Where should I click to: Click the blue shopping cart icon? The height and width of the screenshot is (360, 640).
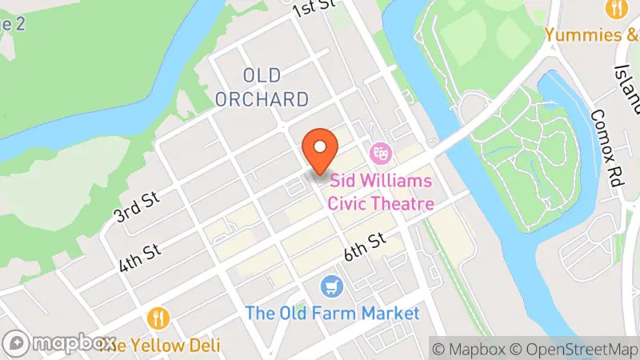coord(330,286)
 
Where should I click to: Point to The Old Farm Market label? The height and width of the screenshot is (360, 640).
coord(332,313)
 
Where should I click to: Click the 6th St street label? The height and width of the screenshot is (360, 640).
coord(366,245)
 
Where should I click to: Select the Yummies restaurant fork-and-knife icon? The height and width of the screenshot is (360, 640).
coord(616,9)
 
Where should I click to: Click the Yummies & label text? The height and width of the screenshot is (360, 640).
coord(593,35)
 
